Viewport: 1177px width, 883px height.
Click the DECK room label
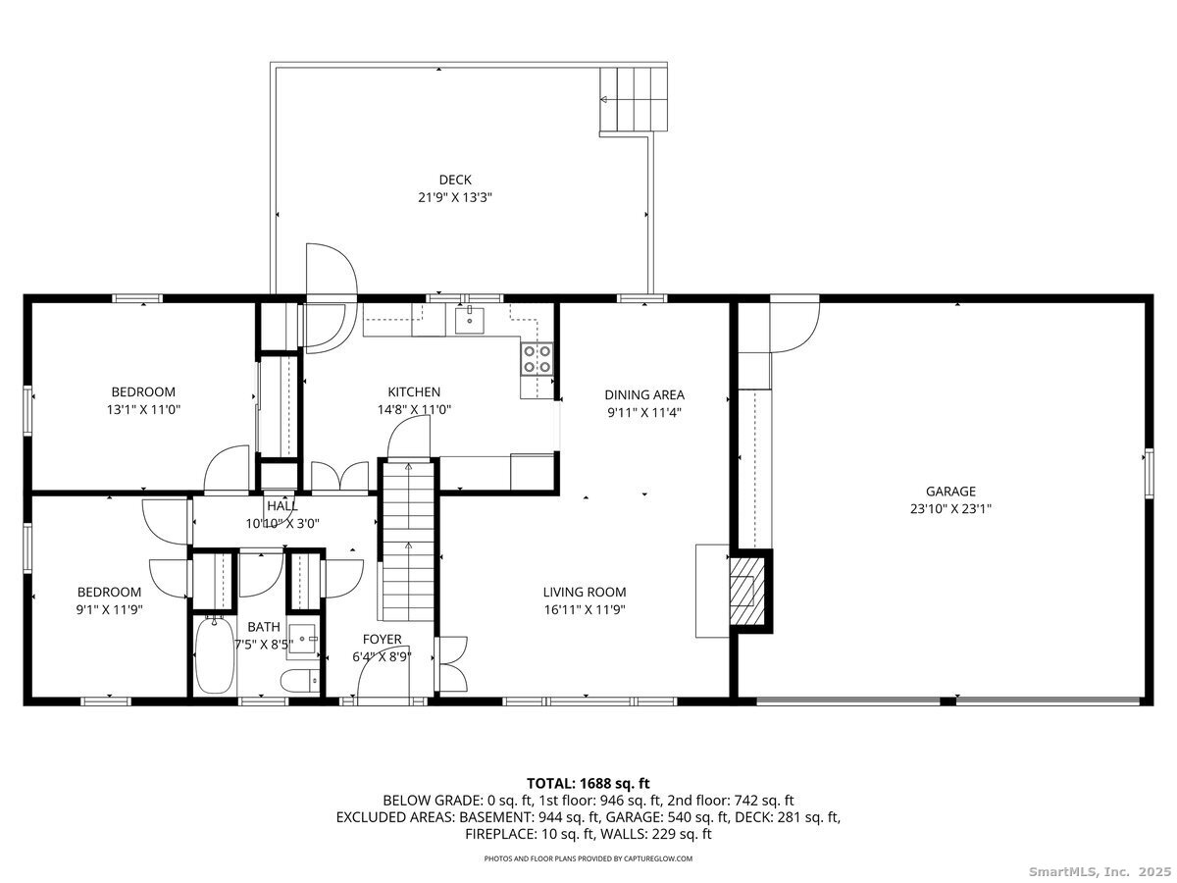[454, 180]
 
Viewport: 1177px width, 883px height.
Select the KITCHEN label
[414, 392]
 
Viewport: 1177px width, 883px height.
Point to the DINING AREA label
[643, 395]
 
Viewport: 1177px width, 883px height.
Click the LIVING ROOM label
[585, 592]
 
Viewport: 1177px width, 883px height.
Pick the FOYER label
[382, 640]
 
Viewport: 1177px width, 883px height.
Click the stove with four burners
[536, 359]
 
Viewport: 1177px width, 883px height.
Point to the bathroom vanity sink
[305, 641]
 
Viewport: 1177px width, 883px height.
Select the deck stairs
[634, 99]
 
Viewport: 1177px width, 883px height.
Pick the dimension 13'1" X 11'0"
[143, 410]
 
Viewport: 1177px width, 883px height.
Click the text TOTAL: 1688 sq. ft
[588, 783]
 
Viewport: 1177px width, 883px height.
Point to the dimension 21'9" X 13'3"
[454, 197]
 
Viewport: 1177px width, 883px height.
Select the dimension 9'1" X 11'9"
[109, 609]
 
